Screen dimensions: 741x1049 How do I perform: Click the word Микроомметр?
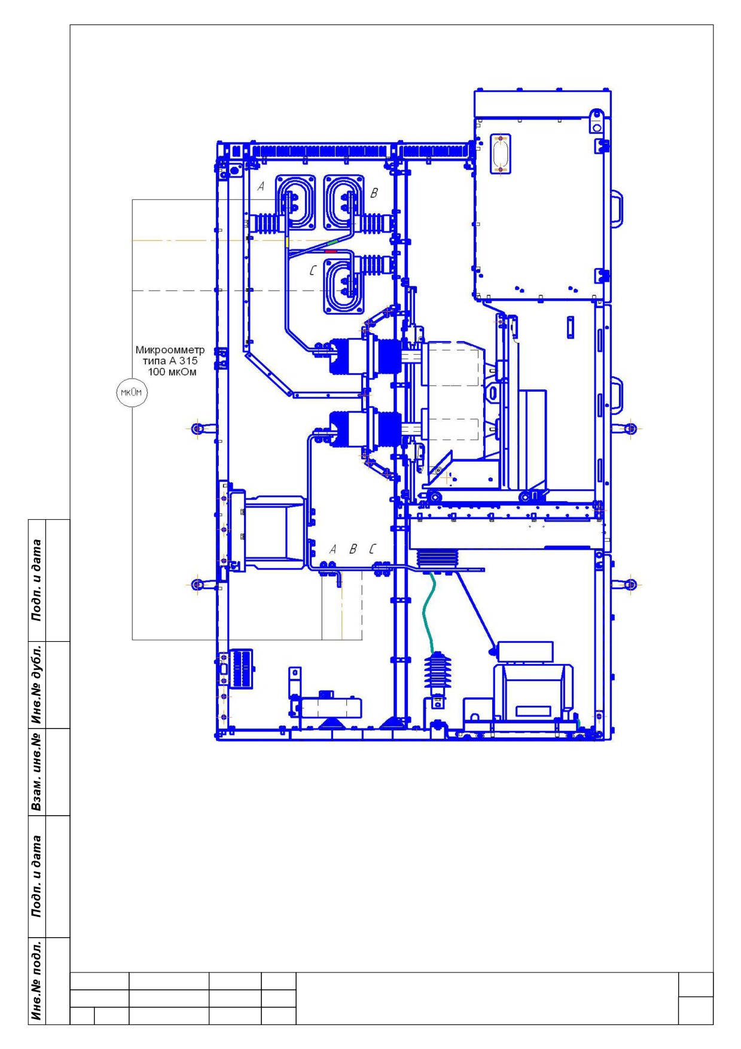(x=170, y=350)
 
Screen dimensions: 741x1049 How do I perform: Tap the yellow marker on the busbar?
(x=288, y=242)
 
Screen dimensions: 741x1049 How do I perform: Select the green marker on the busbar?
(x=333, y=242)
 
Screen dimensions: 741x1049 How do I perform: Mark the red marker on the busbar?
(x=330, y=252)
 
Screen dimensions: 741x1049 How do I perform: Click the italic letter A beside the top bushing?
(x=261, y=187)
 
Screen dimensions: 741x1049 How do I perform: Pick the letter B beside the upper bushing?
(x=374, y=193)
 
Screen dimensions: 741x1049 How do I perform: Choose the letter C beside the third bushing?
(x=312, y=271)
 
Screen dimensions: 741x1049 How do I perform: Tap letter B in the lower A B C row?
(x=353, y=548)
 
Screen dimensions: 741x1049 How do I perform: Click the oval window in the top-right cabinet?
(x=500, y=154)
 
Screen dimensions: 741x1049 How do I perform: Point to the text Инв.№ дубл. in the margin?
(x=38, y=685)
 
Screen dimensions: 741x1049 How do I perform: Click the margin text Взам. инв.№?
(x=38, y=772)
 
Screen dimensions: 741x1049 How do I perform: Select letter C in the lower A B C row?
(x=373, y=548)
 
